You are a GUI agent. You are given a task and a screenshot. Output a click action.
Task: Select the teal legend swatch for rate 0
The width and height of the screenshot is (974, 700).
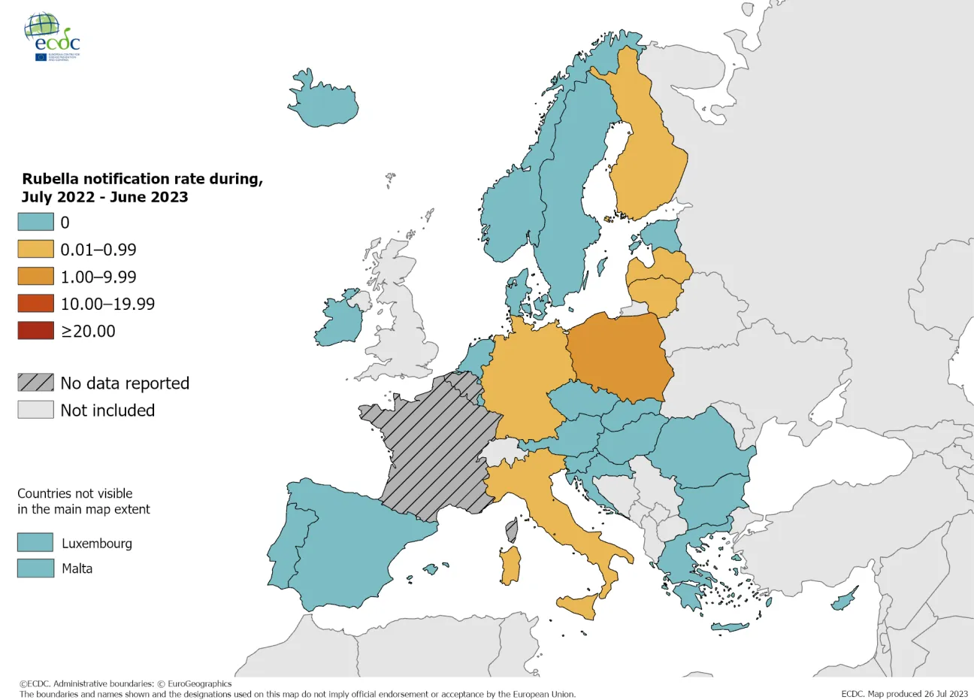pos(35,222)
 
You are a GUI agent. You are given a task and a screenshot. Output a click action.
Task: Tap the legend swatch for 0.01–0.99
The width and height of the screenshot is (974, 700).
pos(35,249)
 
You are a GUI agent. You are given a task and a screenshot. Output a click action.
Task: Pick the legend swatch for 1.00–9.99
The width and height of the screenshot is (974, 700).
pos(35,276)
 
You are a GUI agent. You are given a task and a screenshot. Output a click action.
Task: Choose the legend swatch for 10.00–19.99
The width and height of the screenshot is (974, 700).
pos(35,303)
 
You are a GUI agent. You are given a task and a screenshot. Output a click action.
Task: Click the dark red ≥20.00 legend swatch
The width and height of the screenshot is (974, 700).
pos(35,330)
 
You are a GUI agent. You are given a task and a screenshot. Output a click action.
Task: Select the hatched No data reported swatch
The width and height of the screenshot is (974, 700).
pos(35,383)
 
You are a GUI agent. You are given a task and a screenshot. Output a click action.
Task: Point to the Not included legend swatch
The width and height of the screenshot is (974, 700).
pos(35,410)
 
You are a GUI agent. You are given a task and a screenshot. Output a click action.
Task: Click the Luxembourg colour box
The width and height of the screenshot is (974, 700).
pos(35,543)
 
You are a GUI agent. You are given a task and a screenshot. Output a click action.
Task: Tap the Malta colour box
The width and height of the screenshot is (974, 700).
pos(35,568)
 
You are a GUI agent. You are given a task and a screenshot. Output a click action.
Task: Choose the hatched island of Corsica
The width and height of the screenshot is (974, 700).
pos(512,529)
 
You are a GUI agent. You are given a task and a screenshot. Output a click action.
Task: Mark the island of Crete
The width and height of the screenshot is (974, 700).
pos(729,627)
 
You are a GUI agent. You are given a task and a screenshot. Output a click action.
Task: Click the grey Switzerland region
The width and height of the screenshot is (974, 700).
pos(500,453)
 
